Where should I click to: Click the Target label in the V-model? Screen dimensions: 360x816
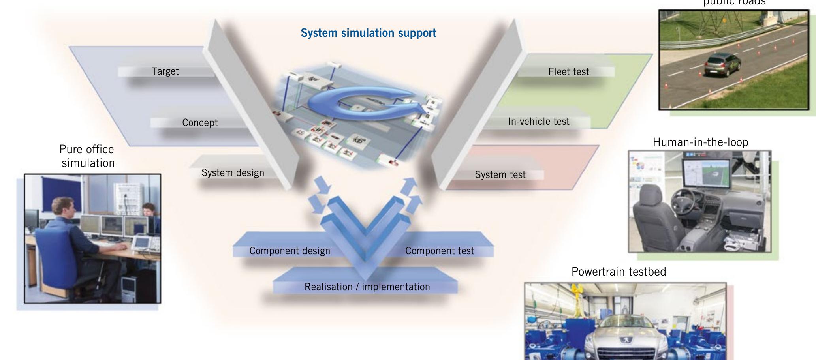pyautogui.click(x=165, y=71)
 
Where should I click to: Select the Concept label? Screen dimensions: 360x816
pyautogui.click(x=200, y=122)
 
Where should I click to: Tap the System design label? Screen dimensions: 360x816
pyautogui.click(x=233, y=173)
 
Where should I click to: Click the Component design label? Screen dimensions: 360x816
pyautogui.click(x=290, y=251)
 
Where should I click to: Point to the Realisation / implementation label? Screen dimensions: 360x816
pyautogui.click(x=367, y=287)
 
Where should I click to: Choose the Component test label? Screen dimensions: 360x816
pyautogui.click(x=439, y=251)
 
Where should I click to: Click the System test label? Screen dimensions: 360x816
pyautogui.click(x=500, y=175)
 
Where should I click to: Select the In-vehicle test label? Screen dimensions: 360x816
pyautogui.click(x=538, y=122)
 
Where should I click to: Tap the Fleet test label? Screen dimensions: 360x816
pyautogui.click(x=568, y=72)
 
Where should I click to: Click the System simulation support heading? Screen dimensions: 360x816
pyautogui.click(x=368, y=33)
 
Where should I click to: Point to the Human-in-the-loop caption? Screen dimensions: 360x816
pyautogui.click(x=700, y=142)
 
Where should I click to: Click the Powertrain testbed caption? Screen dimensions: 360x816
pyautogui.click(x=619, y=272)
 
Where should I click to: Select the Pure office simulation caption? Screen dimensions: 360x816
pyautogui.click(x=88, y=156)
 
